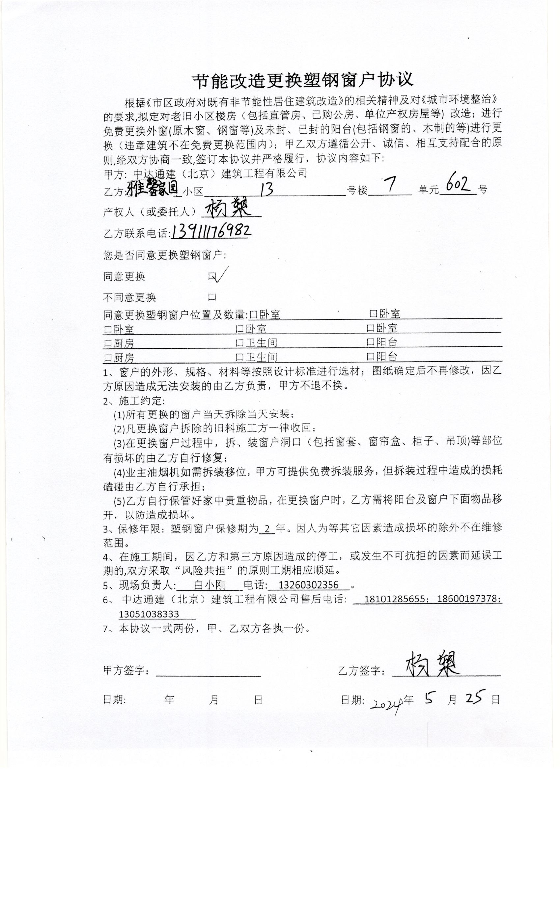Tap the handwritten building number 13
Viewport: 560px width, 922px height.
click(266, 190)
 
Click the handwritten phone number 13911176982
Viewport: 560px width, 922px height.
click(211, 232)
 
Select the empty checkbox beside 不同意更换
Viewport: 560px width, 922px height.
click(212, 297)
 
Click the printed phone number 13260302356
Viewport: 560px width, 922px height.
click(309, 585)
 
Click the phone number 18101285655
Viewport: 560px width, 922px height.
click(395, 599)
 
